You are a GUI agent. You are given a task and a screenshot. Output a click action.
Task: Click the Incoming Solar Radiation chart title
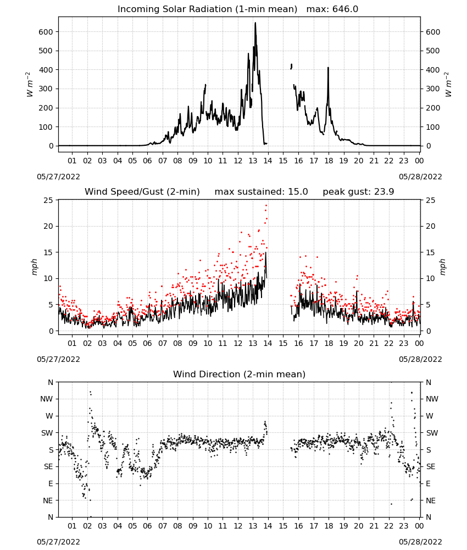tap(207, 9)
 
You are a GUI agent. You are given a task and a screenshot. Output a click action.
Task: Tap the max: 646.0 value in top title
tap(332, 9)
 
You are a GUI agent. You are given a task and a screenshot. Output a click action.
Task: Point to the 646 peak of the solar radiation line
tap(255, 23)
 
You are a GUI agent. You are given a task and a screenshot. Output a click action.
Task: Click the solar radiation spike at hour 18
tap(328, 68)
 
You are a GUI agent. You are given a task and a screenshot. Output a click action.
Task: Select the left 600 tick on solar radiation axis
tap(46, 32)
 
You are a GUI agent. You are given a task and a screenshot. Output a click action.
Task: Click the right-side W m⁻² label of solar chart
tap(448, 85)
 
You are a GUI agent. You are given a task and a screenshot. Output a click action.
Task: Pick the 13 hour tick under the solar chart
tap(253, 161)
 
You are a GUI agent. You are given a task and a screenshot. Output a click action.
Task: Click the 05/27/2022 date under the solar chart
tap(58, 177)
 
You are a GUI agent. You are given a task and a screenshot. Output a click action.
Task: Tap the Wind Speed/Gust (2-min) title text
tap(142, 192)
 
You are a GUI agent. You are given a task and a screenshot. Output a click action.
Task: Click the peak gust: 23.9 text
tap(358, 192)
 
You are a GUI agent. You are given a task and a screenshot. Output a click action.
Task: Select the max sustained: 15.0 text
tap(261, 192)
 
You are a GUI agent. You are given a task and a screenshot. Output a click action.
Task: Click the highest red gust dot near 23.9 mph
tap(266, 206)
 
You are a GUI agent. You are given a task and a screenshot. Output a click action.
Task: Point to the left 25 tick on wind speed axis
tap(48, 200)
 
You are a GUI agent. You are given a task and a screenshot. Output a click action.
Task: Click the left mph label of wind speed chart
tap(34, 267)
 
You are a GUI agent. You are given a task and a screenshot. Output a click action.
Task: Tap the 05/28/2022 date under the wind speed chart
tap(420, 359)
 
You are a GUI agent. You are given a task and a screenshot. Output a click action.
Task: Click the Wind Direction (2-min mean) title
tap(240, 374)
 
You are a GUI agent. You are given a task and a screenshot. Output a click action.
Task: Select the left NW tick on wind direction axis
tap(47, 399)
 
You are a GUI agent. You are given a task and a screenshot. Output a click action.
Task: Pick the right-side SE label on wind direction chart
tap(431, 466)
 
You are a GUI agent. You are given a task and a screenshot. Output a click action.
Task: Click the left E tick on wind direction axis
tap(51, 483)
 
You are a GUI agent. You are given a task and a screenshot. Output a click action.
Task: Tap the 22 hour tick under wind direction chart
tap(389, 526)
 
